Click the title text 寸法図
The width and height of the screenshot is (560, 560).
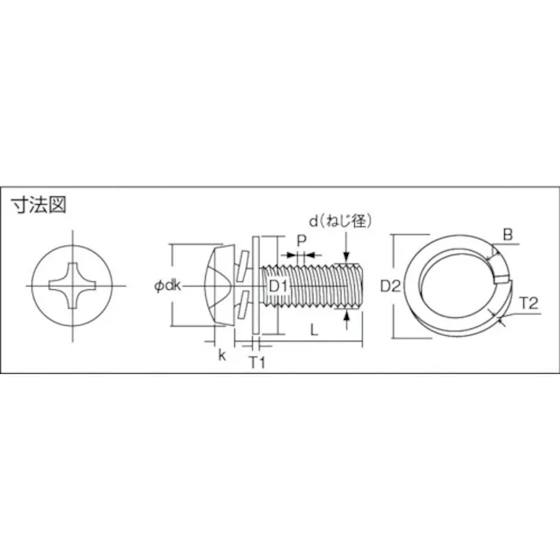[38, 206]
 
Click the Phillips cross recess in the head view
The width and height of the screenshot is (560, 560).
[73, 287]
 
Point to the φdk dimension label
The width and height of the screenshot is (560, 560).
[167, 287]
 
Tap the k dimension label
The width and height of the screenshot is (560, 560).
[222, 355]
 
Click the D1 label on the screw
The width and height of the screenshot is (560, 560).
[279, 287]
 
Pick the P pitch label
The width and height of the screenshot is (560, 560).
[301, 240]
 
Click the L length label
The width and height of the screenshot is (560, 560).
[313, 331]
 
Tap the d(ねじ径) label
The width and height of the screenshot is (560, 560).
[339, 221]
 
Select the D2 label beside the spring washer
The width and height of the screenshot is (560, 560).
[391, 287]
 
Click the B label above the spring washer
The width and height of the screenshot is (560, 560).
[507, 233]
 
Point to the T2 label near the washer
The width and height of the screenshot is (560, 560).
[528, 304]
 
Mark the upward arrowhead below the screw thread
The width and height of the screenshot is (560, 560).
[346, 313]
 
